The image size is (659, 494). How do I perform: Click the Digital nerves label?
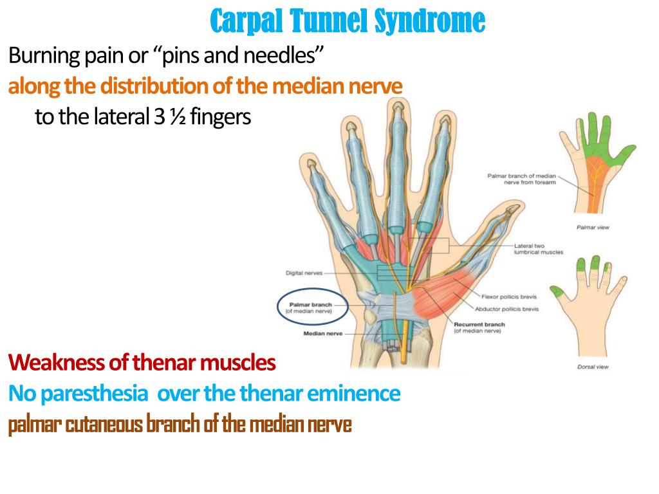point(304,273)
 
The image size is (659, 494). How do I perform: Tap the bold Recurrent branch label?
point(479,325)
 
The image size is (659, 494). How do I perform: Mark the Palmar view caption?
point(589,227)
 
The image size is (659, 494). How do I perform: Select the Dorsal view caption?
point(589,367)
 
